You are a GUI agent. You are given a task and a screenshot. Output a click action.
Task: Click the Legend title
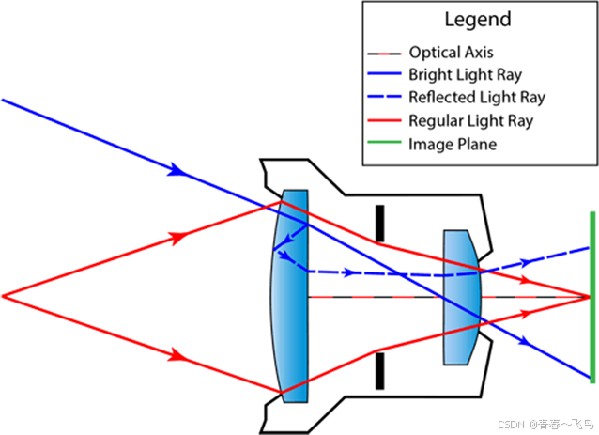(479, 20)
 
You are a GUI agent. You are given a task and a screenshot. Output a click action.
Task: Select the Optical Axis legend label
(451, 52)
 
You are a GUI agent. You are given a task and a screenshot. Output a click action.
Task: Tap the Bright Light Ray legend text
(464, 74)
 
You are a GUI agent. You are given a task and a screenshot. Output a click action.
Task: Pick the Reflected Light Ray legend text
(477, 97)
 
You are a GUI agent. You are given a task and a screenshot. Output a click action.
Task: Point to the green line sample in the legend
(386, 144)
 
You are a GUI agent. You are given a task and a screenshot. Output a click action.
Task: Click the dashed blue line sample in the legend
(386, 97)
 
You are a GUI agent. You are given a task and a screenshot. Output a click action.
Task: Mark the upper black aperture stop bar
(379, 223)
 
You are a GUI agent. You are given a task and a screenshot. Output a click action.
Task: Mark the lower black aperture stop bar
(379, 369)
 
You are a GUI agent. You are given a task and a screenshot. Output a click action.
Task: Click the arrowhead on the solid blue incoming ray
(176, 170)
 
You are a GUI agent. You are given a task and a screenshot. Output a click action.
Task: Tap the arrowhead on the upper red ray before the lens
(176, 238)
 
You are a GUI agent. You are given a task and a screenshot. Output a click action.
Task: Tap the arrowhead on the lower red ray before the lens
(176, 355)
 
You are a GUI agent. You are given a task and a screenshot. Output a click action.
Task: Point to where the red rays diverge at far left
(4, 296)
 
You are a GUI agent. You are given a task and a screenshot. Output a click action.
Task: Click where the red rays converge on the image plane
(589, 296)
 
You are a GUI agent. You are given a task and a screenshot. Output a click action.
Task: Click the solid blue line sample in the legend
(386, 74)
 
